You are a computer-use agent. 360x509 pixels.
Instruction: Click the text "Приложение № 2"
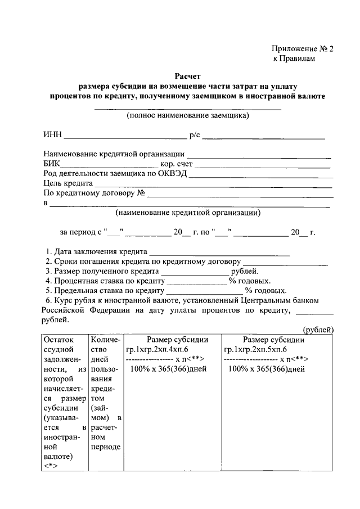point(302,49)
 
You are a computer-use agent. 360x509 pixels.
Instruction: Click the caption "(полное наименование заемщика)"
point(187,116)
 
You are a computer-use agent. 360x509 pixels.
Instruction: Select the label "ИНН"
point(52,136)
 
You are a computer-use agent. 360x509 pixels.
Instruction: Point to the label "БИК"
point(51,164)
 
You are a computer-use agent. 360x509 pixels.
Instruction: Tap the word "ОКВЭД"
point(172,174)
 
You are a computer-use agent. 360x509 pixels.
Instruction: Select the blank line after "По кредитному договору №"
point(240,195)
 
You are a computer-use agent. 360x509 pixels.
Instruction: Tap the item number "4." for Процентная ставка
point(49,281)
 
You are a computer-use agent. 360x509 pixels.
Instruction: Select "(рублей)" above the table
point(318,330)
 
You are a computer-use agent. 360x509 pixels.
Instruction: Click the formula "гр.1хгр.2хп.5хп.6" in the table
point(256,349)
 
